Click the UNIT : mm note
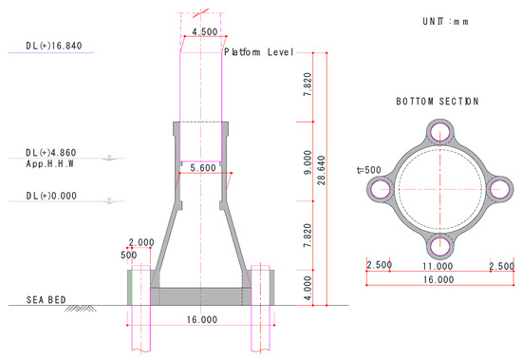point(445,22)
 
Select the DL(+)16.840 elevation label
point(54,46)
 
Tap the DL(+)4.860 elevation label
point(51,153)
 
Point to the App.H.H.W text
point(49,163)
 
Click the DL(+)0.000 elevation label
point(51,196)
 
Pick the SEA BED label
point(46,300)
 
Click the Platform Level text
point(259,52)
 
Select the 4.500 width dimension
point(205,32)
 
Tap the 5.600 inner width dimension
point(203,168)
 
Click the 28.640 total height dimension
point(321,170)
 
